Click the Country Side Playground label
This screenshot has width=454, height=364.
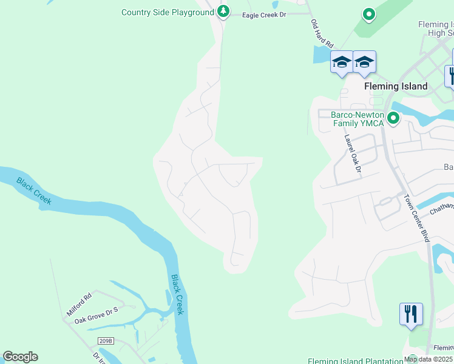pos(168,12)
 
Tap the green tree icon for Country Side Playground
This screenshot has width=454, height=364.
pos(223,12)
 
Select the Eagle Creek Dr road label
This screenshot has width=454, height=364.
pos(263,15)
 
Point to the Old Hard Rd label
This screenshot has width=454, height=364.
pos(322,34)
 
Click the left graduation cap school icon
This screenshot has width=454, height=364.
pos(342,62)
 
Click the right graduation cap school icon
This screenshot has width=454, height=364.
pos(364,62)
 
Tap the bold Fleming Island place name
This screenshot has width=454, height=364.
pos(396,86)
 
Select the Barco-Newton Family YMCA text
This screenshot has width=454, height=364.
pos(357,119)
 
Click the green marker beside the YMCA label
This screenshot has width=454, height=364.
pos(393,118)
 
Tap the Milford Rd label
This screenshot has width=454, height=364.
pos(79,304)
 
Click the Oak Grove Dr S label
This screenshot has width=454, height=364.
pos(95,315)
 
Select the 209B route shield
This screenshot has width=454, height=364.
pos(106,341)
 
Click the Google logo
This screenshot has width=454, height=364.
pos(20,357)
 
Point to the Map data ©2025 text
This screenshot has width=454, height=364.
pos(429,359)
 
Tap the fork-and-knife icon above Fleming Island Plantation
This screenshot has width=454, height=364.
pos(411,314)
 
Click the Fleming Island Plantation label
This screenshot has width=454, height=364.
pos(355,361)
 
